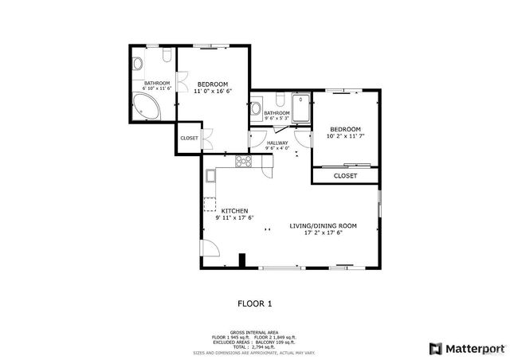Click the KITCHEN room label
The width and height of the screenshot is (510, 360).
click(x=223, y=210)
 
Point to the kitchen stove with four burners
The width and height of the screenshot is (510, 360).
click(x=245, y=162)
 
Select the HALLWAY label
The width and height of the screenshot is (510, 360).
click(x=277, y=143)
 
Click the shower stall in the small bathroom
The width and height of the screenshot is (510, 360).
click(x=301, y=109)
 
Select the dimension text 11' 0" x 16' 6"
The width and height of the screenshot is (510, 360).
click(x=212, y=92)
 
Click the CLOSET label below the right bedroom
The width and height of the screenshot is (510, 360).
click(x=345, y=175)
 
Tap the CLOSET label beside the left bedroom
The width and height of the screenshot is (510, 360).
click(x=189, y=138)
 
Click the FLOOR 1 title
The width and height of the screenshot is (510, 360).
click(x=255, y=303)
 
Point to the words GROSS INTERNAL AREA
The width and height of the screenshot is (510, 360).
click(x=254, y=331)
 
